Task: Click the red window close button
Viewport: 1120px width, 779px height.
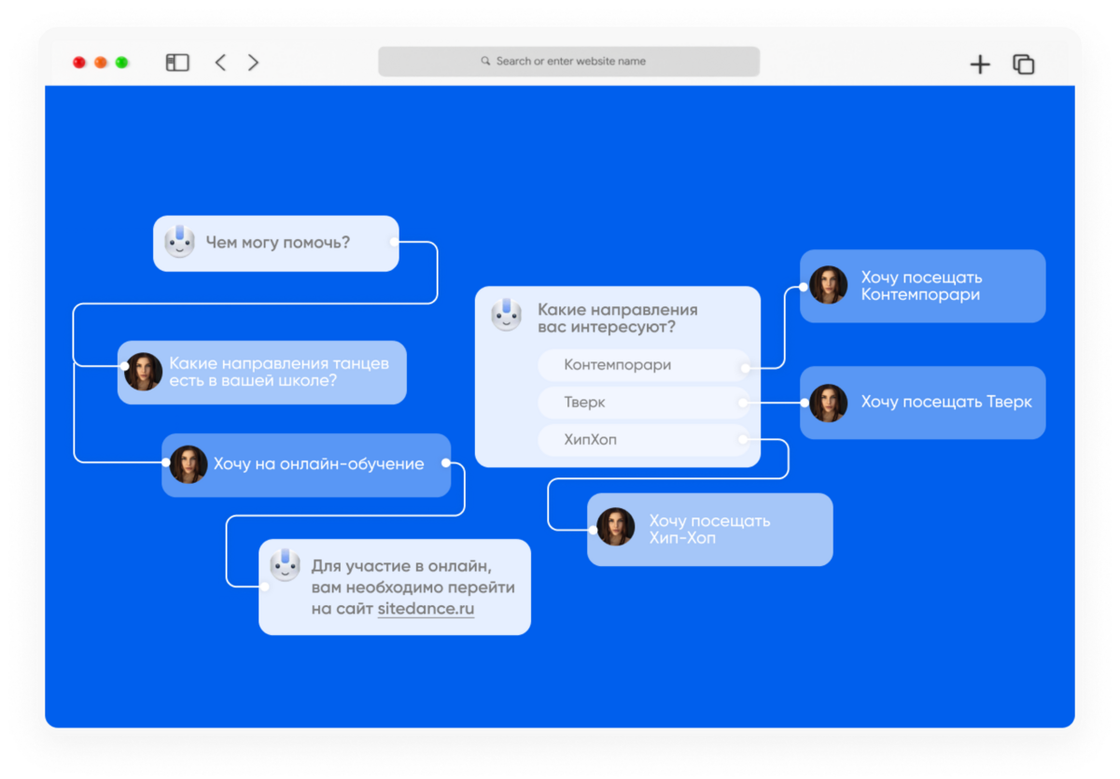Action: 79,63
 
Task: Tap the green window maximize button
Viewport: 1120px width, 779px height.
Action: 121,63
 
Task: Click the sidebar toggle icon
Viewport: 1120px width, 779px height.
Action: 177,63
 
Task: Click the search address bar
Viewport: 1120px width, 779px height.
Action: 568,62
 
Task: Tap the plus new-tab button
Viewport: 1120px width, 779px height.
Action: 980,64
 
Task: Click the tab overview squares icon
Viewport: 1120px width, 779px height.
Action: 1023,64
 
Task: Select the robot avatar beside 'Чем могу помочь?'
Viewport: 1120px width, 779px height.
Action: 179,242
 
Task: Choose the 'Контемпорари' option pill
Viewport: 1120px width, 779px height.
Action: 643,365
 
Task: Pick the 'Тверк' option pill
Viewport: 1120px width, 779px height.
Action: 643,403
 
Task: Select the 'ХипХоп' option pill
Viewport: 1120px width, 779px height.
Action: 643,440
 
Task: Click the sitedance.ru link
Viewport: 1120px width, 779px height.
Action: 426,608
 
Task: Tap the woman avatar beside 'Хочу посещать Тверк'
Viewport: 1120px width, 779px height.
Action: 828,404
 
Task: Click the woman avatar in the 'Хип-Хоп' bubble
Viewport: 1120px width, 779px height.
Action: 615,526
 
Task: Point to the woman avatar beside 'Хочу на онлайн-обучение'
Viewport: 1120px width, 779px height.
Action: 189,464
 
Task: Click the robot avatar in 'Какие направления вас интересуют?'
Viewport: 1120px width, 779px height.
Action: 506,315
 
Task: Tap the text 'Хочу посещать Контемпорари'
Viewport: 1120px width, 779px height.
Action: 921,286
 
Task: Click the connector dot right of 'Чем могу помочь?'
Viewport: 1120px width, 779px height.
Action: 394,242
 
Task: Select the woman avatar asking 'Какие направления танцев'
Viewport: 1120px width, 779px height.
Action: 143,372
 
